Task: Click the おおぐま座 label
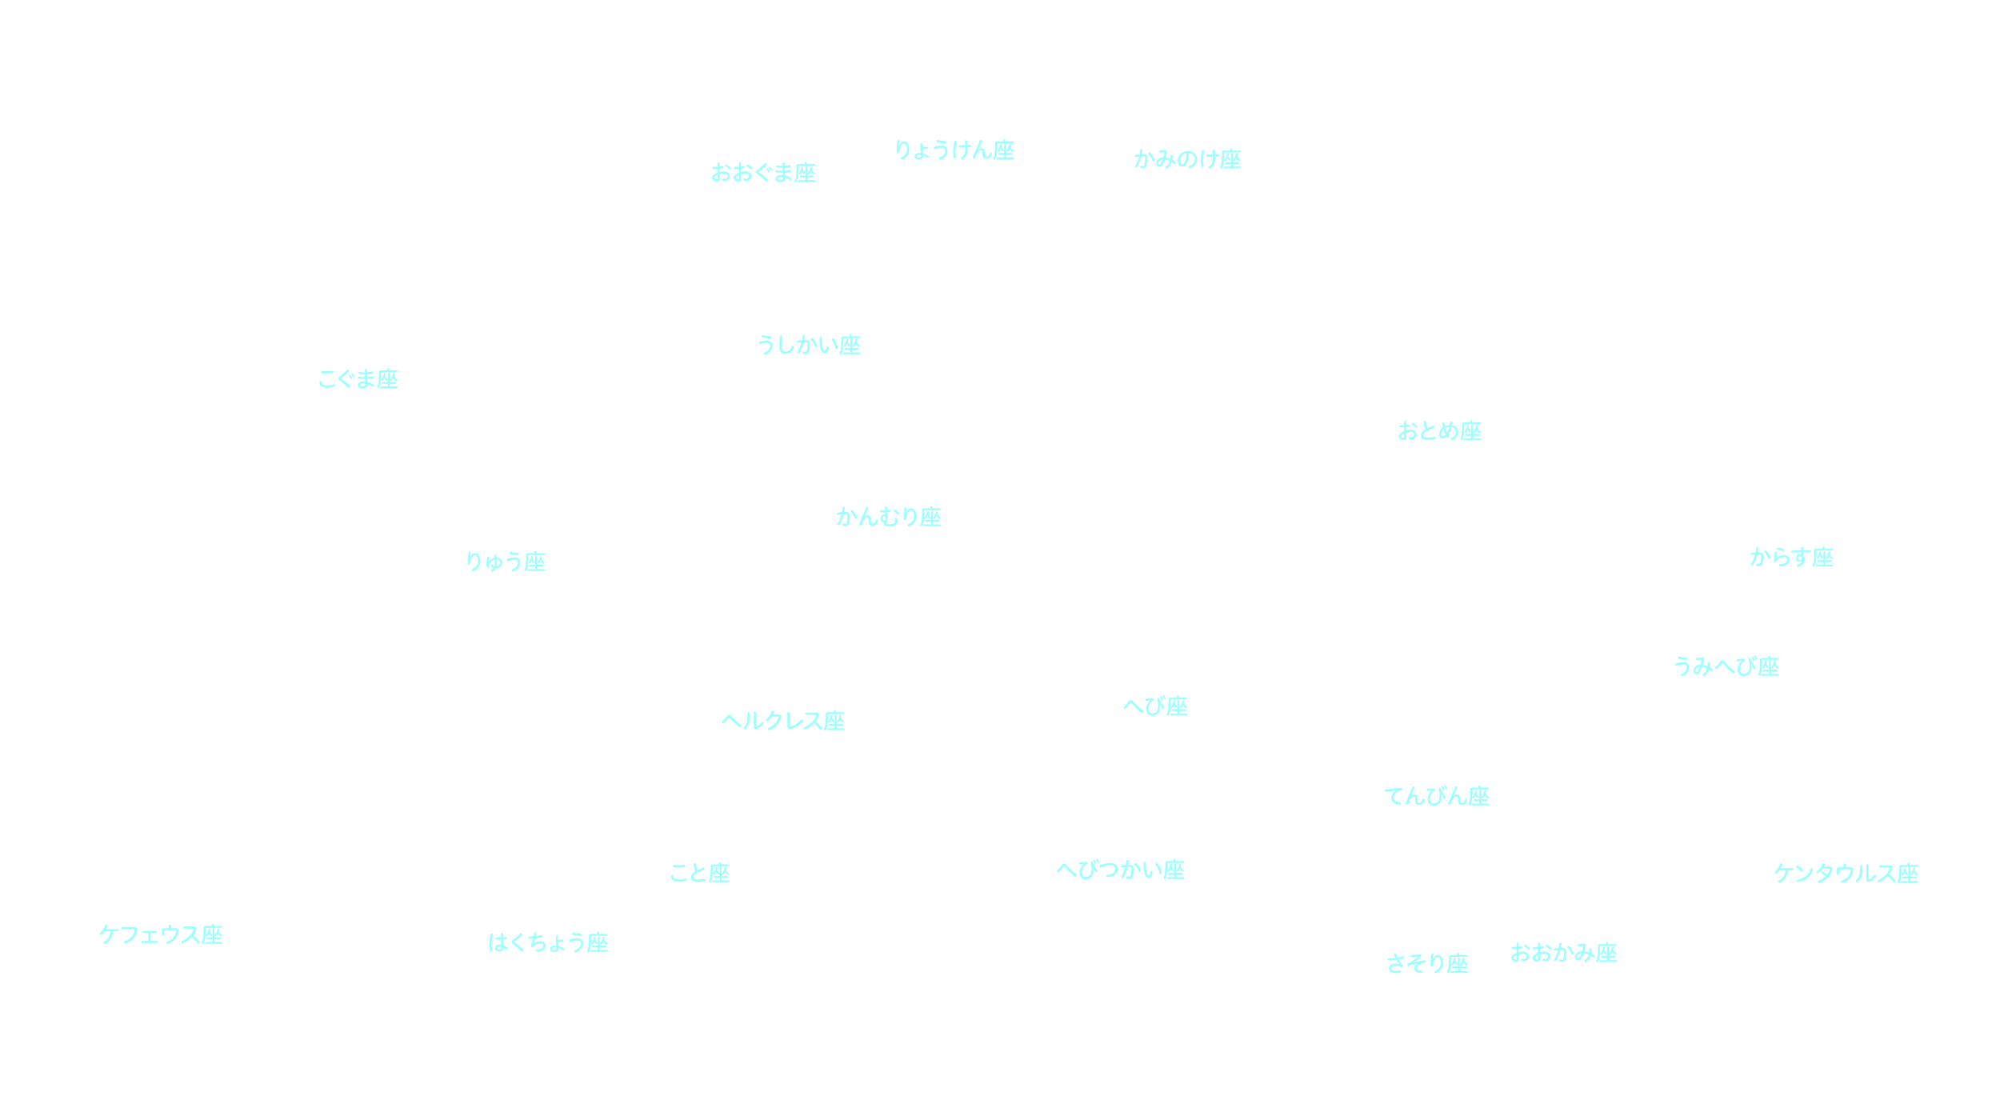click(763, 173)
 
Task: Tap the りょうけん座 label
click(954, 150)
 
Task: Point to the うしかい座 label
click(808, 346)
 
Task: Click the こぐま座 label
click(358, 379)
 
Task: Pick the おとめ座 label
click(1439, 431)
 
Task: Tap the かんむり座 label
click(888, 517)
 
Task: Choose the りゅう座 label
click(505, 562)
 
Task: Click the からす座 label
click(1791, 557)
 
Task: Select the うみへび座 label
click(1726, 666)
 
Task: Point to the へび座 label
click(1155, 706)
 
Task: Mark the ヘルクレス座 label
click(782, 721)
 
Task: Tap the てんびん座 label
click(1437, 796)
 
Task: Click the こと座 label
click(699, 873)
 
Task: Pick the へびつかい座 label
click(1120, 870)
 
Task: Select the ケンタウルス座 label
click(1846, 873)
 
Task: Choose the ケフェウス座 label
click(161, 934)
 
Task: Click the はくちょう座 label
click(548, 942)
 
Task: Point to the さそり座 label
click(1426, 964)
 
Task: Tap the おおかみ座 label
click(1563, 953)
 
